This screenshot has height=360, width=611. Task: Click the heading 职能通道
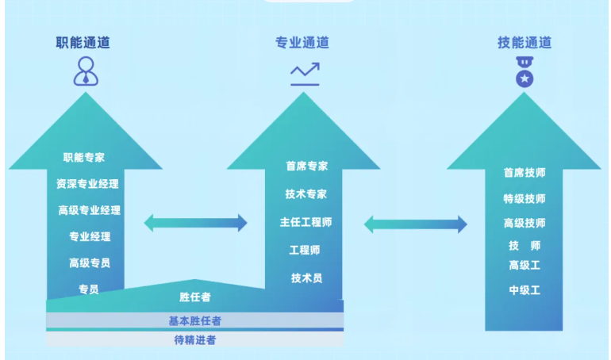(83, 43)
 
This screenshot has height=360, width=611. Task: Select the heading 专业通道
(302, 43)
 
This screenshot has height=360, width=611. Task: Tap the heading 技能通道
(524, 43)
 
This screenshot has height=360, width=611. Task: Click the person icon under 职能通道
(86, 71)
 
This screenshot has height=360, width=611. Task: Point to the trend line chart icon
(305, 74)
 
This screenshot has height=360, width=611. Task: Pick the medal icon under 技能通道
(524, 73)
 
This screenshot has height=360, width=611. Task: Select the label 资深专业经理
(87, 184)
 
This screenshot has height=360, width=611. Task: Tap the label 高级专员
(89, 263)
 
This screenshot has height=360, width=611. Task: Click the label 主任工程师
(305, 222)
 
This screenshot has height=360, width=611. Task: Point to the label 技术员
(306, 278)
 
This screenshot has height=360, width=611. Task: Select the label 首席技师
(525, 173)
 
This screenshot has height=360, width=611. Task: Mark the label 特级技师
(525, 198)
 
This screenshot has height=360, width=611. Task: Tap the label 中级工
(525, 290)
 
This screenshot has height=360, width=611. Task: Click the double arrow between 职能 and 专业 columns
(196, 223)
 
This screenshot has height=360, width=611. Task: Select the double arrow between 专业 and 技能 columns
(415, 224)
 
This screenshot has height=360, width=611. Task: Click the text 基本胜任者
(194, 321)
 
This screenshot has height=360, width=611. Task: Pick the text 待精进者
(194, 340)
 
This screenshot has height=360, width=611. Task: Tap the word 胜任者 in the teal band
(194, 297)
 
